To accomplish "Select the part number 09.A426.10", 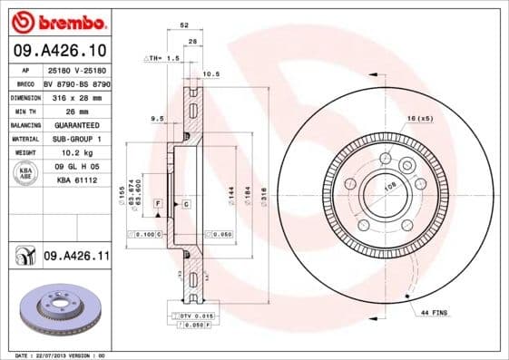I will click(x=59, y=51).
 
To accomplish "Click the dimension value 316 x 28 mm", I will click(x=76, y=96).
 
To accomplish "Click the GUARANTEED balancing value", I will click(x=76, y=124).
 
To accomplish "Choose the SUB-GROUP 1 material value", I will click(x=76, y=138).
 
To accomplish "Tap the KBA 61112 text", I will click(x=76, y=180).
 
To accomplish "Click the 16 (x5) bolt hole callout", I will click(x=418, y=119).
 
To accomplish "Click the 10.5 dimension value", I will click(x=210, y=74).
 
